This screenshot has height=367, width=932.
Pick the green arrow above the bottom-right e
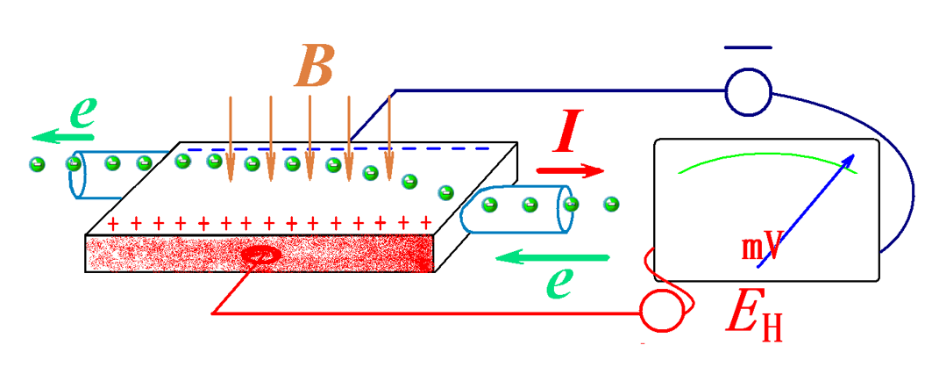[552, 257]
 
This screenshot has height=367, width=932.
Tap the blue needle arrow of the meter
[806, 209]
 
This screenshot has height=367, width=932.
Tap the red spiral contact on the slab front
[260, 256]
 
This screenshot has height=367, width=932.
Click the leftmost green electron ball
[38, 164]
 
